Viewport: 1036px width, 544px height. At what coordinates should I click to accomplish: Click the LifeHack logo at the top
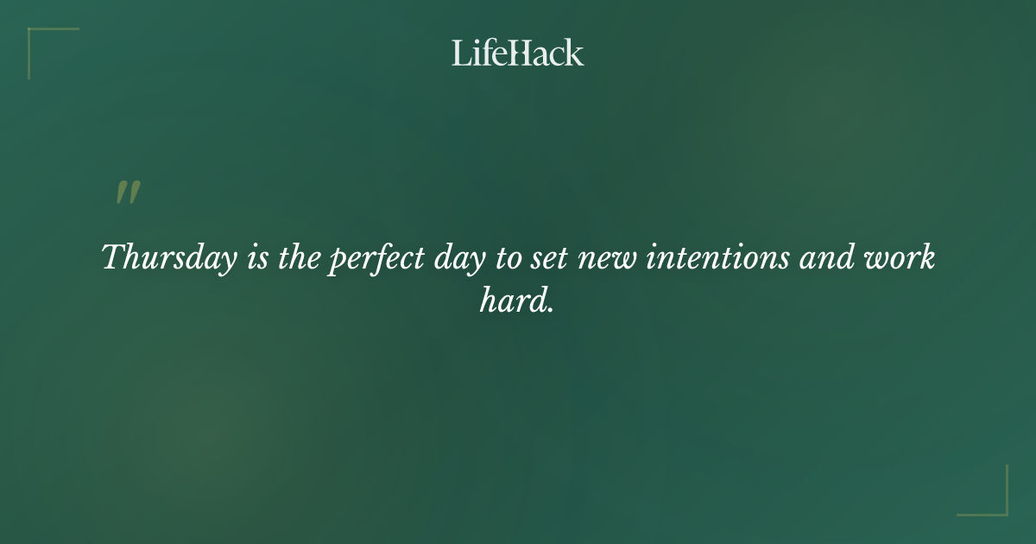pos(518,53)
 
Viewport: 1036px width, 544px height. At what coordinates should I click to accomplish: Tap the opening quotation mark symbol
pos(128,193)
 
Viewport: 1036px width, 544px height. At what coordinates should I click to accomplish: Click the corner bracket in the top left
pos(35,35)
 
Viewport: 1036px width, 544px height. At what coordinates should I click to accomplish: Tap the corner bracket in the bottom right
pos(1001,509)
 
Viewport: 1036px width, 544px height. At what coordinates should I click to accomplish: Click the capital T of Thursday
pos(113,257)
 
